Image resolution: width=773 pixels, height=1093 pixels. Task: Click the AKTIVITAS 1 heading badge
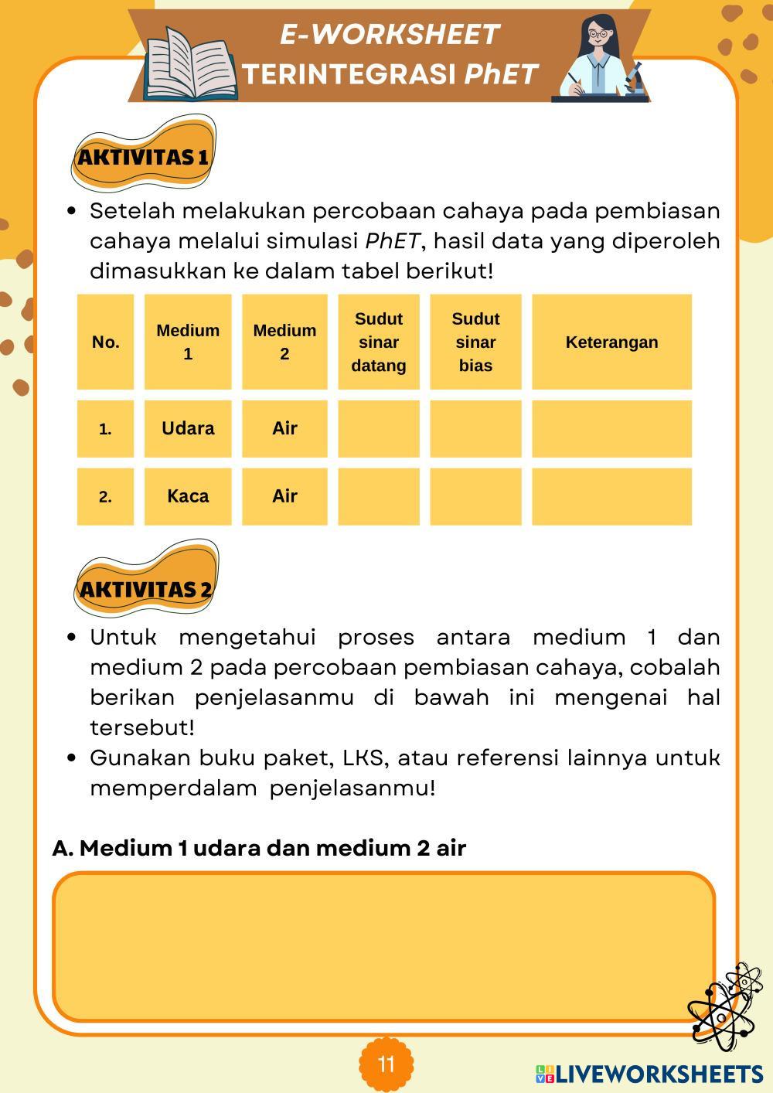[x=143, y=157]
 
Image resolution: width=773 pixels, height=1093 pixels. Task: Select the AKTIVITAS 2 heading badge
[x=145, y=589]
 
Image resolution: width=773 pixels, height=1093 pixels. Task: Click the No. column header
[x=105, y=342]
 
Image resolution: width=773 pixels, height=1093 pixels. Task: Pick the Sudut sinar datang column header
[x=379, y=342]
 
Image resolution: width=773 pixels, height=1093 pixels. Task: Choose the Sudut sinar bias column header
[x=475, y=342]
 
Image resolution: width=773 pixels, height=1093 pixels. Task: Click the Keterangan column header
[x=611, y=342]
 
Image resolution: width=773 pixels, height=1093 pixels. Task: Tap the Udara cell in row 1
[x=188, y=429]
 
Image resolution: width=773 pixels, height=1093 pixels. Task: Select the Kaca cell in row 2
[x=188, y=496]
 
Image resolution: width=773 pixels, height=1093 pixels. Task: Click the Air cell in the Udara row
[x=284, y=429]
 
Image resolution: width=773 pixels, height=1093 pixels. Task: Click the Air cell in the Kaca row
[x=284, y=496]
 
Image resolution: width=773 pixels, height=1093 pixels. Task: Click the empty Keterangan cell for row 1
[x=611, y=429]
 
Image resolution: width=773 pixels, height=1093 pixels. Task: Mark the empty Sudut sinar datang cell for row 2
[x=379, y=496]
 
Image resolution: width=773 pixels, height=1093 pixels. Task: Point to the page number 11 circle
[x=386, y=1064]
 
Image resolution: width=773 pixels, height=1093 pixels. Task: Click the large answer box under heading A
[x=383, y=947]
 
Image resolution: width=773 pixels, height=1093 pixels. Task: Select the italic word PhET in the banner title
[x=501, y=74]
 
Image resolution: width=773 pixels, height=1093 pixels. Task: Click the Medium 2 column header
[x=284, y=342]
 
